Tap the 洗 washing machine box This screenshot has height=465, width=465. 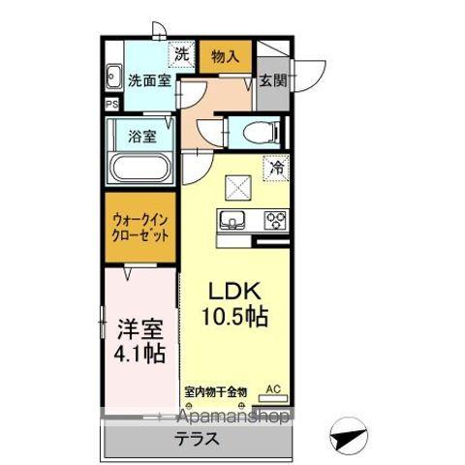point(180,54)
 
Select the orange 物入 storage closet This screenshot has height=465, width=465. point(226,55)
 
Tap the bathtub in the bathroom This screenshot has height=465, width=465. point(139,170)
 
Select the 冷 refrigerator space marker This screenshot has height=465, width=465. point(276,168)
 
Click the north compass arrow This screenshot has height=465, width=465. point(352,435)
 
